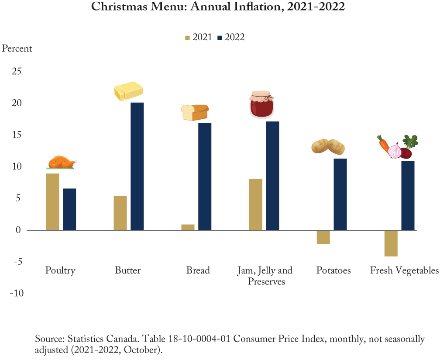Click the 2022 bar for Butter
click(137, 166)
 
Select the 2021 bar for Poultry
click(52, 202)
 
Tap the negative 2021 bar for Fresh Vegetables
click(391, 243)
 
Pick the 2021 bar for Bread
click(188, 227)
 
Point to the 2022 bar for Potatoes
click(340, 194)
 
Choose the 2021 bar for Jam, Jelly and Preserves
click(255, 204)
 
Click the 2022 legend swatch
click(220, 38)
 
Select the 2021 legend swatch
click(187, 38)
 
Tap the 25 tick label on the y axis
click(16, 72)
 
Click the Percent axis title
click(17, 48)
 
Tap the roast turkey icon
click(62, 162)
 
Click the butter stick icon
click(129, 91)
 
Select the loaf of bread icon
click(195, 113)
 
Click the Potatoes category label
click(334, 270)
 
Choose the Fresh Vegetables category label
click(404, 270)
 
